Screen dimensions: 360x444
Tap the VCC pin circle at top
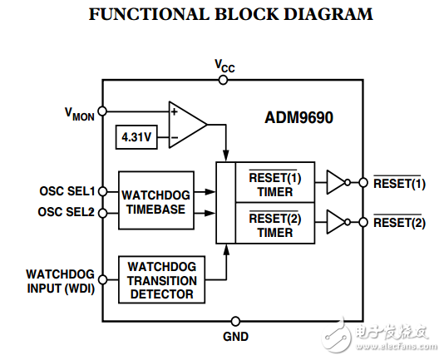click(x=223, y=80)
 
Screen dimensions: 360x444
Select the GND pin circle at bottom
click(x=235, y=321)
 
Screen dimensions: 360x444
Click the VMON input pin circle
click(x=101, y=111)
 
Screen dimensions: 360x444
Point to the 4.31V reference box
click(x=137, y=137)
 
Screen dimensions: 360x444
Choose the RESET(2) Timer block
click(x=274, y=225)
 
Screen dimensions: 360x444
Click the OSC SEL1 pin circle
click(x=101, y=190)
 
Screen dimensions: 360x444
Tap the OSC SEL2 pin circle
click(x=101, y=212)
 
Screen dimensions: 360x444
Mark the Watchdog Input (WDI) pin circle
click(x=101, y=278)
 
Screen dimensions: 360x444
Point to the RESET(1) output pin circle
click(x=363, y=182)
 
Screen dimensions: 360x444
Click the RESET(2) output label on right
click(x=399, y=223)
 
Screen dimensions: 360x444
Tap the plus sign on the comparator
click(x=174, y=111)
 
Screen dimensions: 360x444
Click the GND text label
click(x=235, y=338)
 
